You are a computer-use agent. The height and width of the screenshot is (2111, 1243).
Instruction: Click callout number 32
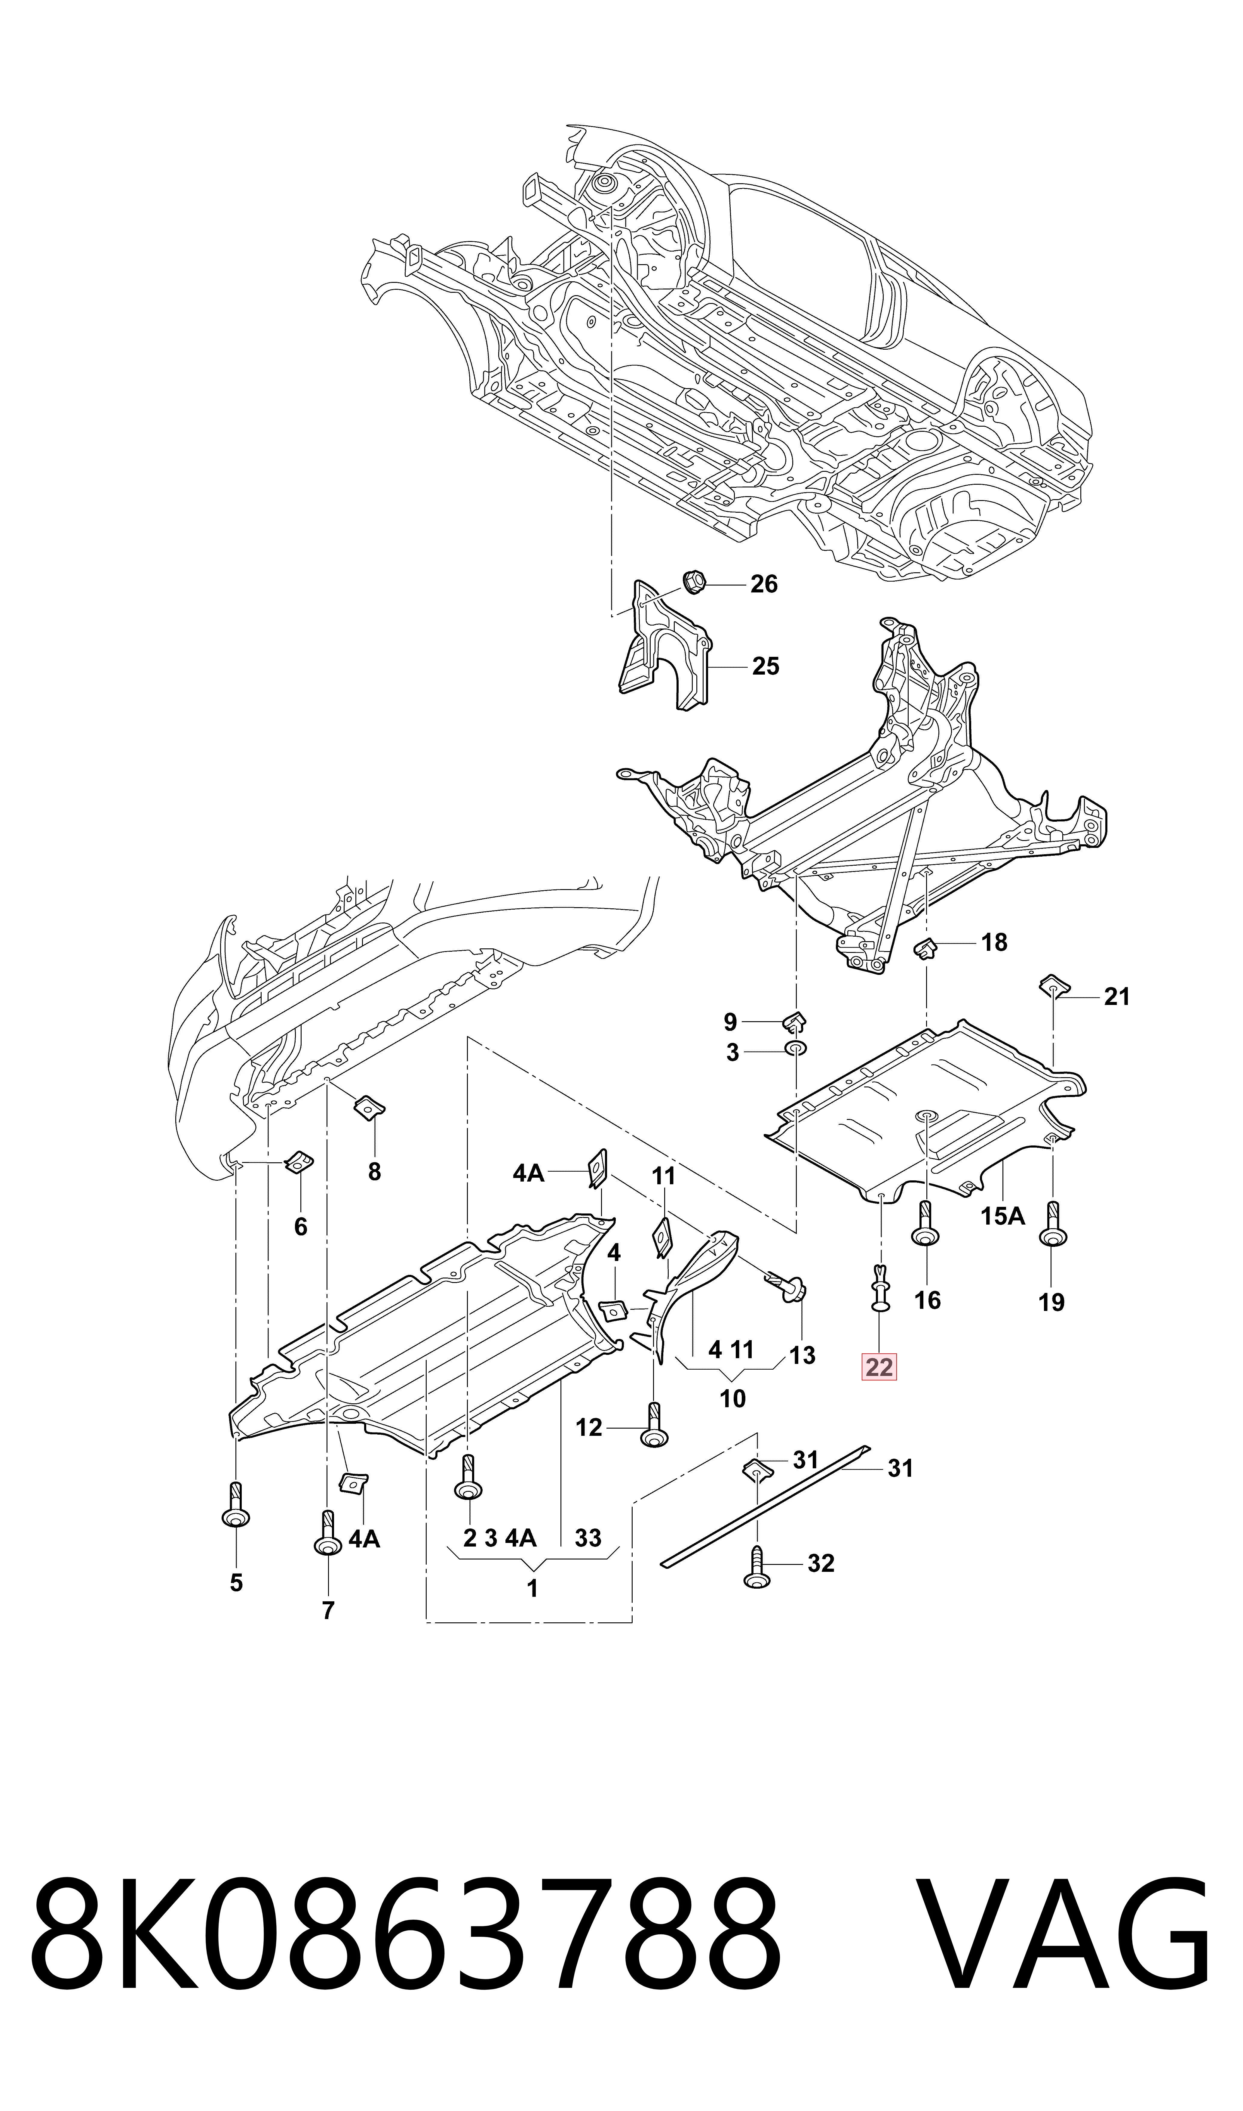tap(821, 1564)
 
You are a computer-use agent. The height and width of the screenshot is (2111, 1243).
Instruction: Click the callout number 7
tap(327, 1610)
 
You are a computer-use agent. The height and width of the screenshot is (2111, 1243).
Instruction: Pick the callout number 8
tap(374, 1172)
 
